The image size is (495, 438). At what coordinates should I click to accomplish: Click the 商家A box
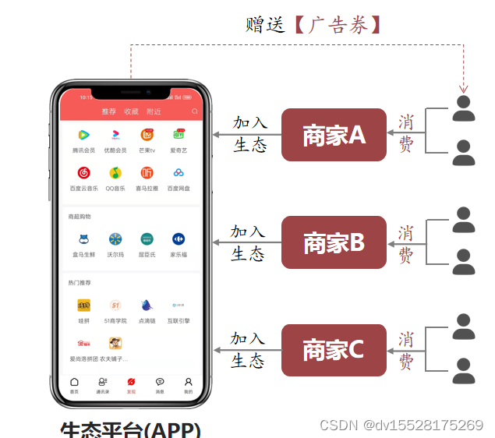(334, 135)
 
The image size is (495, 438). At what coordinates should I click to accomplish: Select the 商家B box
(334, 242)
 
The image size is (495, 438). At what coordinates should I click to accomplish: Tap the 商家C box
(334, 350)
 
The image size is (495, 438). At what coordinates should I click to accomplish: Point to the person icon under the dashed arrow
(464, 108)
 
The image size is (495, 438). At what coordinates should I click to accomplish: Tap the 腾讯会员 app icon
(84, 136)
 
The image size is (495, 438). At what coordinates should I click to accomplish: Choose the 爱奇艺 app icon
(179, 136)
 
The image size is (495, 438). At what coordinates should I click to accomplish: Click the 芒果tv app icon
(147, 136)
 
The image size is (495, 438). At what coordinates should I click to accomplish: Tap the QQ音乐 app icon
(115, 173)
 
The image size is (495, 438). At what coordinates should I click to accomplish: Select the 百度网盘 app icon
(179, 173)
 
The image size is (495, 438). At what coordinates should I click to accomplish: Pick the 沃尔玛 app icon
(115, 239)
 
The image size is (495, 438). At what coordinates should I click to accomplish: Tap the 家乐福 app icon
(179, 239)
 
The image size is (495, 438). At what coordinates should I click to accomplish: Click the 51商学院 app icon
(115, 306)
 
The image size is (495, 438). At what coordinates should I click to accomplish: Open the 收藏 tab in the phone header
(131, 111)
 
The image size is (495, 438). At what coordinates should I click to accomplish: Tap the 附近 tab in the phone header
(154, 111)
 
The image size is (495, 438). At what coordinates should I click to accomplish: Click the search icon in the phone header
(195, 111)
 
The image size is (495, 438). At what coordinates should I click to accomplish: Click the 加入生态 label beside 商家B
(248, 242)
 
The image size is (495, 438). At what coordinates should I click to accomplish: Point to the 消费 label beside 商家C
(405, 350)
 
